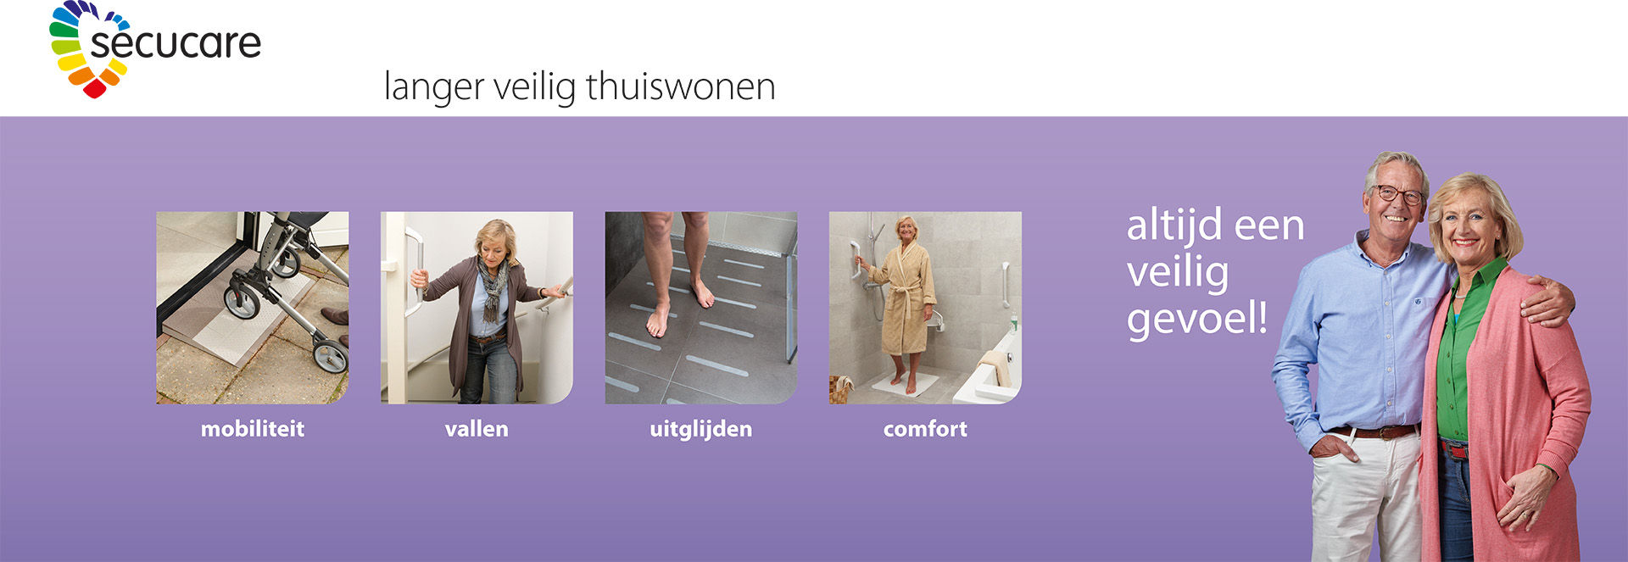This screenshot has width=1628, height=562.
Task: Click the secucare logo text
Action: (x=176, y=43)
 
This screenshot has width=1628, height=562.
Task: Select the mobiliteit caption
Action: (x=253, y=429)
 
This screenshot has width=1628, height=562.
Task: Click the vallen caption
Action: (x=477, y=429)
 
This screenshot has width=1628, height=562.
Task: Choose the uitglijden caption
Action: (x=701, y=430)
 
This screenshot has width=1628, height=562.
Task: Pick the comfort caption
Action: (x=925, y=429)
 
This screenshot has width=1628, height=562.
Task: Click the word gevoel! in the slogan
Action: (x=1197, y=319)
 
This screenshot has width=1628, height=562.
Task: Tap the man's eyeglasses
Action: (x=1398, y=195)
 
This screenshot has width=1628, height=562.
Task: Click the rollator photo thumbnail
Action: (x=253, y=308)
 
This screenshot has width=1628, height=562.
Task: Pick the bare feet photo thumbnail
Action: (x=701, y=308)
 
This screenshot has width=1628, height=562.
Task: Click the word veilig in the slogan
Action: (x=1178, y=273)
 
